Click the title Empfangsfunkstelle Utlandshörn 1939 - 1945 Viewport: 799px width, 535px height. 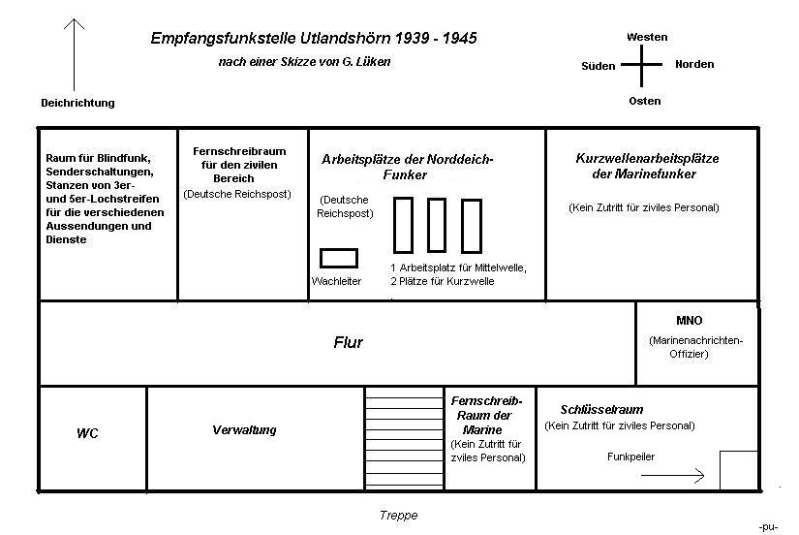[x=313, y=39]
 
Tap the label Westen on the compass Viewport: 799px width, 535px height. [x=646, y=37]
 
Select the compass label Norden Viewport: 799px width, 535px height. [x=694, y=64]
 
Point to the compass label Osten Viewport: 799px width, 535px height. [x=645, y=101]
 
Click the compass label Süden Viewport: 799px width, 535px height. [x=598, y=66]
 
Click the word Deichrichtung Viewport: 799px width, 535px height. [x=77, y=103]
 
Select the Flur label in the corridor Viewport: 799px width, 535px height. [x=348, y=342]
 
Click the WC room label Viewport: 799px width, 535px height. [x=87, y=433]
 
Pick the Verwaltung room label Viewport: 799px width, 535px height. [x=244, y=429]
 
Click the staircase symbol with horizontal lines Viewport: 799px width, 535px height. [x=402, y=438]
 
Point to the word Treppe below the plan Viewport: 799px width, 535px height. [x=398, y=516]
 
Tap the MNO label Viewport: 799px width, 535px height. [x=690, y=321]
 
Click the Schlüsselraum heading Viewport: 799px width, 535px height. [x=601, y=410]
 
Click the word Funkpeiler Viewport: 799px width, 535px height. [x=630, y=456]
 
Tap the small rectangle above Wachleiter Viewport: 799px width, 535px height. [x=339, y=258]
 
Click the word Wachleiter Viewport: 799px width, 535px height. [x=337, y=281]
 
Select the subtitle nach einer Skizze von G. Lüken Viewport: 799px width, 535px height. [x=304, y=62]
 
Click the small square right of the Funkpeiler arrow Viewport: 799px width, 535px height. [x=738, y=470]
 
